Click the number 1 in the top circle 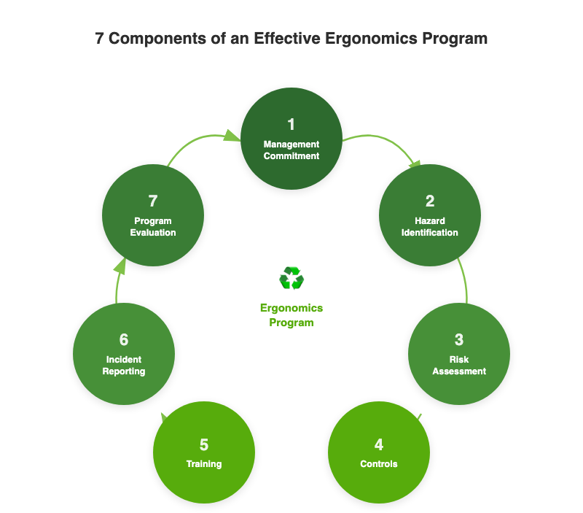pos(291,124)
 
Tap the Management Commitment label pos(291,150)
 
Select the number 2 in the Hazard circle pos(430,201)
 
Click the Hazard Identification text pos(430,226)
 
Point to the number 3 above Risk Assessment pos(459,339)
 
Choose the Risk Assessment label pos(459,365)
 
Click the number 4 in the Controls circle pos(379,444)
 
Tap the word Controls pos(379,464)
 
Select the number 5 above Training pos(204,444)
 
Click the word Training pos(204,464)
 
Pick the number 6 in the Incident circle pos(124,339)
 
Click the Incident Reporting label pos(124,365)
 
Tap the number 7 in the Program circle pos(153,201)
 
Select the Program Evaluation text pos(153,226)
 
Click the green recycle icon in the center pos(291,278)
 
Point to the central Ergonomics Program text pos(291,315)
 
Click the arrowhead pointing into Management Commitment pos(232,136)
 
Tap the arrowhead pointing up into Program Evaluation pos(120,266)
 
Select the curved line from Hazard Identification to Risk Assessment pos(465,281)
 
